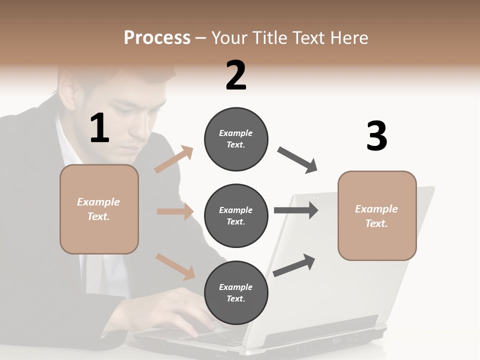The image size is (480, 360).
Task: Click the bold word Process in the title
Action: (x=157, y=38)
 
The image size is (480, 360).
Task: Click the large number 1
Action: (x=99, y=128)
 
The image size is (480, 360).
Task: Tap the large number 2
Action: (x=236, y=75)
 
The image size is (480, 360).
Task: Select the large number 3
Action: (x=376, y=136)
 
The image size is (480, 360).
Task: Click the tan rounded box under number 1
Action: (x=99, y=209)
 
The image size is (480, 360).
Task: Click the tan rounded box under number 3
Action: (x=377, y=215)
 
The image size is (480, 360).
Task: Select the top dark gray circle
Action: (x=236, y=139)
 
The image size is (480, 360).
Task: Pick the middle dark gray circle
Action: (x=236, y=215)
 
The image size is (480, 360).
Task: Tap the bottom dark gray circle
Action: (x=236, y=292)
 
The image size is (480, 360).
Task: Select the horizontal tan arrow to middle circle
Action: (x=175, y=211)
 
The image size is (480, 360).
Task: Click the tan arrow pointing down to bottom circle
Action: (x=175, y=266)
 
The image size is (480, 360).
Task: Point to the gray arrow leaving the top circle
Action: (x=297, y=160)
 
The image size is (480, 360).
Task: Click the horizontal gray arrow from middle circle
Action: (x=296, y=210)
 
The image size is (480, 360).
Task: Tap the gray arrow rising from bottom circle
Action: (x=294, y=265)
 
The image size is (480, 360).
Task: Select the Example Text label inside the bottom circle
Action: (x=236, y=293)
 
